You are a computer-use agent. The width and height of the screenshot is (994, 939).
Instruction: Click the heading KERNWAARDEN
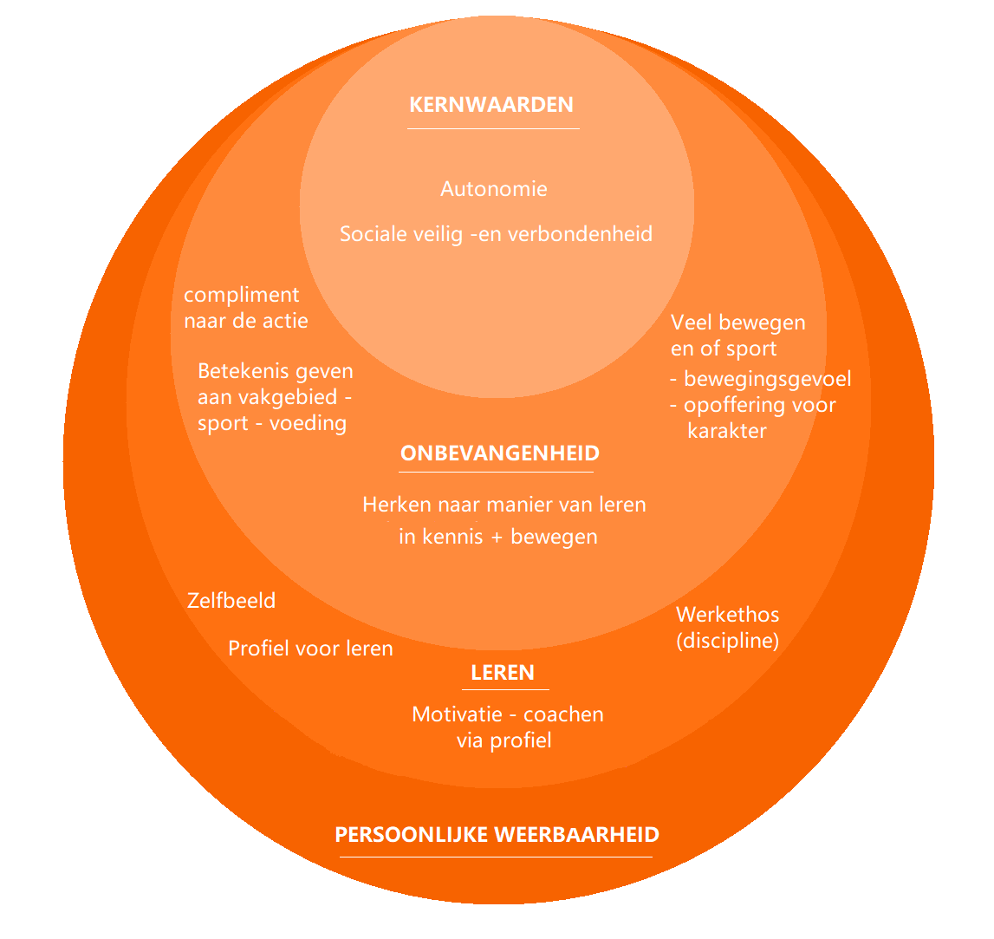point(491,105)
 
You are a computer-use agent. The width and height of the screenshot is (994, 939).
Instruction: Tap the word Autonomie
point(494,189)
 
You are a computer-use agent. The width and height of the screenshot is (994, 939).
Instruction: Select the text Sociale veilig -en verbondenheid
point(496,234)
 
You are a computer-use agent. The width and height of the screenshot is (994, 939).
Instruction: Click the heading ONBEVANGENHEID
point(500,453)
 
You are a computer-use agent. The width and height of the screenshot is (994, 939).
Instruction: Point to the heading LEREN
point(503,673)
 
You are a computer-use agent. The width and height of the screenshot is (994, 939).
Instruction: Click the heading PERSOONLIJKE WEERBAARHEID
point(497,835)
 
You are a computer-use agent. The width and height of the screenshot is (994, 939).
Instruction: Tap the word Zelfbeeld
point(231,601)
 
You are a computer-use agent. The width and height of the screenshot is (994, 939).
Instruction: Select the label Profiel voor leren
point(310,649)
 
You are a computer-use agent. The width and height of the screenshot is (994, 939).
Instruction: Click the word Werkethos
point(728,615)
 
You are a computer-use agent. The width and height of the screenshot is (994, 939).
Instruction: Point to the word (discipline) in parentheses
point(728,642)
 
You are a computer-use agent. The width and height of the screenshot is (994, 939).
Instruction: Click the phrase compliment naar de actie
point(246,308)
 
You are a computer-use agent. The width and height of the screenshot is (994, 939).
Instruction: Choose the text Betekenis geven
point(276,371)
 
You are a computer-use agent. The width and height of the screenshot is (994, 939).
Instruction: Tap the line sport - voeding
point(272,424)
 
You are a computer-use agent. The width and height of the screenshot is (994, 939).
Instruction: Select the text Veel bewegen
point(738,323)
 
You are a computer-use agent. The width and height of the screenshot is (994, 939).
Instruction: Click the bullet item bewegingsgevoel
point(768,379)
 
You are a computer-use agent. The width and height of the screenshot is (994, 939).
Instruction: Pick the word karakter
point(727,431)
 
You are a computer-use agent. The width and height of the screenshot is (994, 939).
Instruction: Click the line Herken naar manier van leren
point(504,505)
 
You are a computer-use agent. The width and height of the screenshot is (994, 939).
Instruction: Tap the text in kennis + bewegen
point(498,537)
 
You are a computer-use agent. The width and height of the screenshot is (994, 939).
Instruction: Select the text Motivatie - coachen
point(508,714)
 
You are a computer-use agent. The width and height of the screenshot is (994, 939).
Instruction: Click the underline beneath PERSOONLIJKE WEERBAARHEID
point(496,857)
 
